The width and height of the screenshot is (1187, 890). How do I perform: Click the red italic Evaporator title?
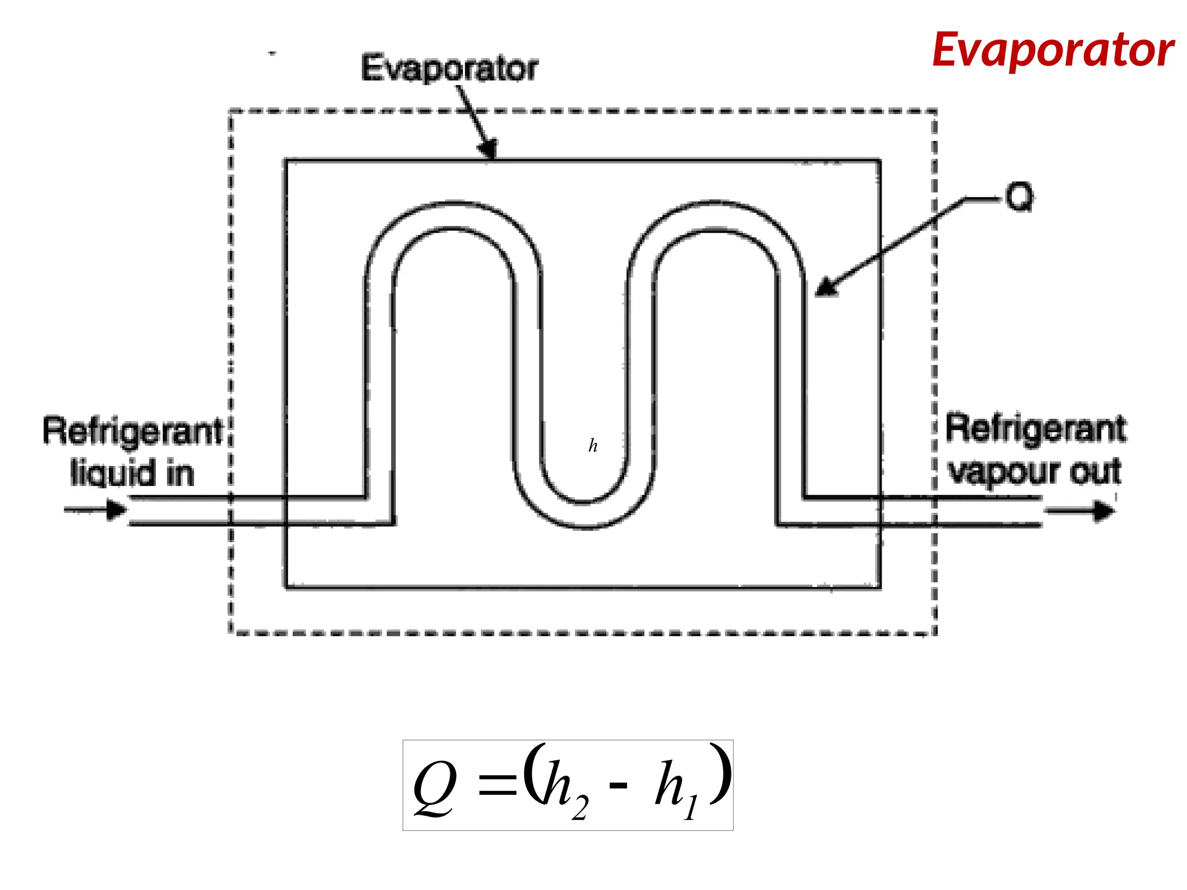click(1053, 51)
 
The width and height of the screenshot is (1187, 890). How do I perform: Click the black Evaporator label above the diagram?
click(449, 68)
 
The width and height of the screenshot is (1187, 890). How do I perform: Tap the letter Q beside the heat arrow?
click(1019, 198)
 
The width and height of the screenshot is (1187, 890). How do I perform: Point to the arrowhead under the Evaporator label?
click(489, 149)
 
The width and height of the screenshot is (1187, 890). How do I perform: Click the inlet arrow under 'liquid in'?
click(96, 510)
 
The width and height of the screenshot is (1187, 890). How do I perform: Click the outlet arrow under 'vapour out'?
click(1079, 512)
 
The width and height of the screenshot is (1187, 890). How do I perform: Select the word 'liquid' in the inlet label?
click(113, 473)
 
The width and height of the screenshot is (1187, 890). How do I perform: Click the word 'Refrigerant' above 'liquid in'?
click(133, 432)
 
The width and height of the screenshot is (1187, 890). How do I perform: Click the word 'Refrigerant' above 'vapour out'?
click(1036, 429)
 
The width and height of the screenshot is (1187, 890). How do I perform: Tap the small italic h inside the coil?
click(593, 446)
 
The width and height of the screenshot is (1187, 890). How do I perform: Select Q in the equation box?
click(435, 789)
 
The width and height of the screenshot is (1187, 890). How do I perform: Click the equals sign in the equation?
click(497, 787)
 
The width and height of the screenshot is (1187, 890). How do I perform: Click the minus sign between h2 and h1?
click(618, 786)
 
